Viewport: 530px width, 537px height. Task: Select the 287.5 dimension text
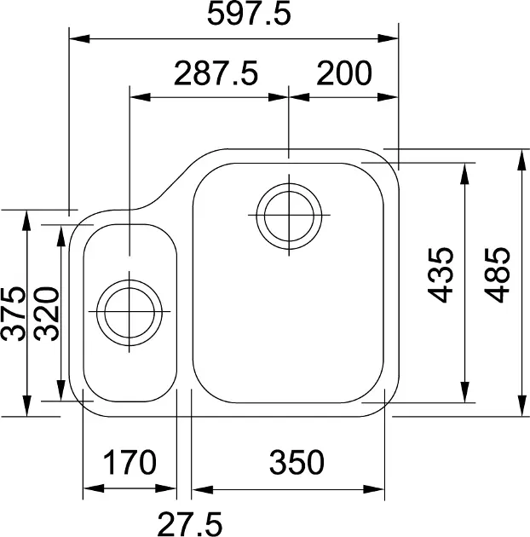pos(216,74)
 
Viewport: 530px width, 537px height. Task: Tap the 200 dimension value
pos(344,74)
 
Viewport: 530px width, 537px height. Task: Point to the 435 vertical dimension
pos(440,274)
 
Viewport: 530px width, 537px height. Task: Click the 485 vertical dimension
pos(497,274)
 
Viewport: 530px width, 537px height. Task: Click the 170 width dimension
pos(130,463)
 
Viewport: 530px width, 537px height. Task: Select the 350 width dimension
pos(297,463)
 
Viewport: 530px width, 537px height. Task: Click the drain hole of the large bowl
pos(290,213)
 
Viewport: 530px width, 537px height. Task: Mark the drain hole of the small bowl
pos(129,310)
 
